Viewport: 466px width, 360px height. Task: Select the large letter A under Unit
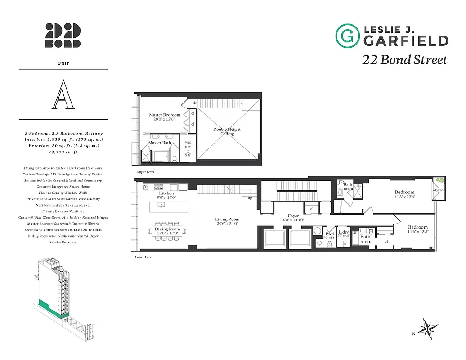point(63,95)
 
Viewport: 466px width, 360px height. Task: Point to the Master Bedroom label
point(165,115)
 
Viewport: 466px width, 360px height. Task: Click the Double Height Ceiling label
point(227,131)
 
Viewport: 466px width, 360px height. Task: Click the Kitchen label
point(166,193)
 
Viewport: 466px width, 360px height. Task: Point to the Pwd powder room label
point(330,234)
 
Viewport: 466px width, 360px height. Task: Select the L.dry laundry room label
point(344,233)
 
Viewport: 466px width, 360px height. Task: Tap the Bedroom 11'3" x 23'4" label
point(404,194)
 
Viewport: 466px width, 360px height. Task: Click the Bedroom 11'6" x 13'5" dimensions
point(418,232)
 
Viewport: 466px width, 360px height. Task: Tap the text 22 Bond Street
point(405,60)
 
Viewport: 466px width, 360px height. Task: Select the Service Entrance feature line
point(63,242)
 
